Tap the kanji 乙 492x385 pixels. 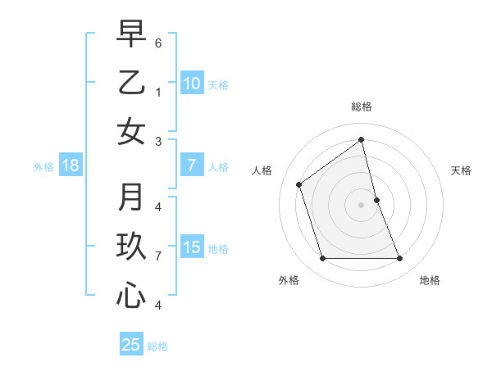coord(131,83)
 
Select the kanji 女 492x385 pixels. coord(131,132)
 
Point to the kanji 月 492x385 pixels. coord(131,197)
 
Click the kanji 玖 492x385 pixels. coord(131,247)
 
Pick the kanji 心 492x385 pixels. coord(131,297)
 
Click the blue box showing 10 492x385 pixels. coord(191,84)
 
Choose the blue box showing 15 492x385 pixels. coord(191,248)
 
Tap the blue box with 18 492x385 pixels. coord(71,166)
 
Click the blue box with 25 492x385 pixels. coord(131,345)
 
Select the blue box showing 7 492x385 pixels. coord(191,166)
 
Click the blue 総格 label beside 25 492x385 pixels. coord(157,346)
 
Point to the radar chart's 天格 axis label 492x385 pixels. coord(461,170)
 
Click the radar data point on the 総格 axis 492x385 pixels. coord(362,140)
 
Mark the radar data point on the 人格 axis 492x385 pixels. coord(299,184)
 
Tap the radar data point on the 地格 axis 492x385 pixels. coord(400,259)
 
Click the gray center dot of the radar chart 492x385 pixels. coord(362,205)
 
